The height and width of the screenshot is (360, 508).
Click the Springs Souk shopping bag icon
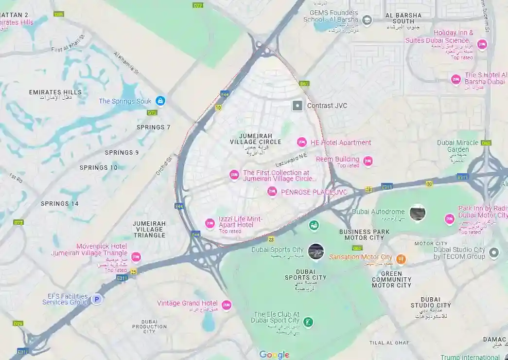coord(160,101)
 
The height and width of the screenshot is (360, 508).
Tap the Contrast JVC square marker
coord(297,106)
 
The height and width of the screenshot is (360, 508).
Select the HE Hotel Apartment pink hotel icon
coord(301,142)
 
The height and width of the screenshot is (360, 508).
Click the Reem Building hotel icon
coord(368,161)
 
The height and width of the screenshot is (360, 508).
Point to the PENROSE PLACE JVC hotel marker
coord(272,192)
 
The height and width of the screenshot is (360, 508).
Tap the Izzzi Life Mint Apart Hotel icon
coord(210,223)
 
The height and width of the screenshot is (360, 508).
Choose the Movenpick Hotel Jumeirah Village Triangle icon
coord(136,256)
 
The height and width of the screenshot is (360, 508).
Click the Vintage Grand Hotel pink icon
coord(226,305)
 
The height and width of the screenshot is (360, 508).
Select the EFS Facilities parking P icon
coord(97,299)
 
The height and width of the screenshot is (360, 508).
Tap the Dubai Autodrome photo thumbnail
coord(417,213)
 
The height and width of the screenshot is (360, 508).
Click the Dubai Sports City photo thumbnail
coord(315,251)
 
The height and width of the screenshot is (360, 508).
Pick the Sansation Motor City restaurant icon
coord(401,258)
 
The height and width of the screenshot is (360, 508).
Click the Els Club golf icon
coord(307,322)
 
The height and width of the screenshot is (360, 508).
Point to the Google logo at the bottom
coord(274,355)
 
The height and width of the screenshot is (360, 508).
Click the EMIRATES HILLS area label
coord(55,92)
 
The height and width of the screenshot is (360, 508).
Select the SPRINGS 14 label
coord(60,203)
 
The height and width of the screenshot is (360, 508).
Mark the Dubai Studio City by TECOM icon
coord(494,252)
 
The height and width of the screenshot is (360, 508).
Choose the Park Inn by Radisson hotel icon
coord(450,219)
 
